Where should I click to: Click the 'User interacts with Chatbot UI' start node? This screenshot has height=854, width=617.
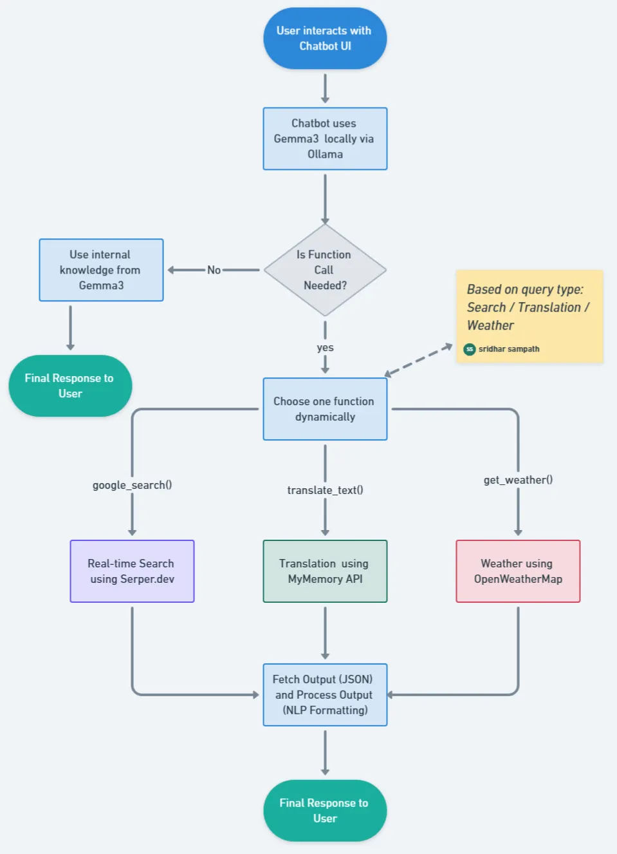(x=325, y=39)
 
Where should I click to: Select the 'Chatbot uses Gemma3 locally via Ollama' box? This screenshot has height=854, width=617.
(x=325, y=138)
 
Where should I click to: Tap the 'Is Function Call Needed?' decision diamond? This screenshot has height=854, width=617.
(x=325, y=270)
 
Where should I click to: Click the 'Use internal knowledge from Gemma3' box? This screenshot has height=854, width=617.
(x=101, y=270)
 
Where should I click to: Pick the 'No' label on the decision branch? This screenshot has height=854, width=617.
(x=214, y=270)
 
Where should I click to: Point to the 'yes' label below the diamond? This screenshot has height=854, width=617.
(x=325, y=347)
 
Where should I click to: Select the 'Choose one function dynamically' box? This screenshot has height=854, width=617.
(x=325, y=409)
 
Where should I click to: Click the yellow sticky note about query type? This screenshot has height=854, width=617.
(x=529, y=309)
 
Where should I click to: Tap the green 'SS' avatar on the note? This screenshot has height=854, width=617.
(x=470, y=349)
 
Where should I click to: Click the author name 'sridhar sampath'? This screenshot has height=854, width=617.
(x=509, y=349)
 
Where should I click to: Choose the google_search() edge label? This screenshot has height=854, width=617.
(x=132, y=485)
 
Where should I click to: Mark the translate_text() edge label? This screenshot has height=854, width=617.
(x=325, y=490)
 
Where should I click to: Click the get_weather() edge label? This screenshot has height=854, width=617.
(x=518, y=480)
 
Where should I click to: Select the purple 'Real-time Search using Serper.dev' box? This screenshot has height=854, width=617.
(x=132, y=571)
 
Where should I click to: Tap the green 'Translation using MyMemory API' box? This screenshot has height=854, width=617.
(x=325, y=571)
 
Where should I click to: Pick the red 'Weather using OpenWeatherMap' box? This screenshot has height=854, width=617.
(x=518, y=571)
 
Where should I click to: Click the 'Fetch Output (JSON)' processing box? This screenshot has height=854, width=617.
(x=325, y=695)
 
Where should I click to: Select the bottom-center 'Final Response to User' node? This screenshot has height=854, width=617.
(x=325, y=811)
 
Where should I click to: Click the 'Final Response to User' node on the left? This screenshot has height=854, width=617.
(x=70, y=386)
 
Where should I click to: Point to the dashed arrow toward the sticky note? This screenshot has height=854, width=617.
(x=418, y=360)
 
